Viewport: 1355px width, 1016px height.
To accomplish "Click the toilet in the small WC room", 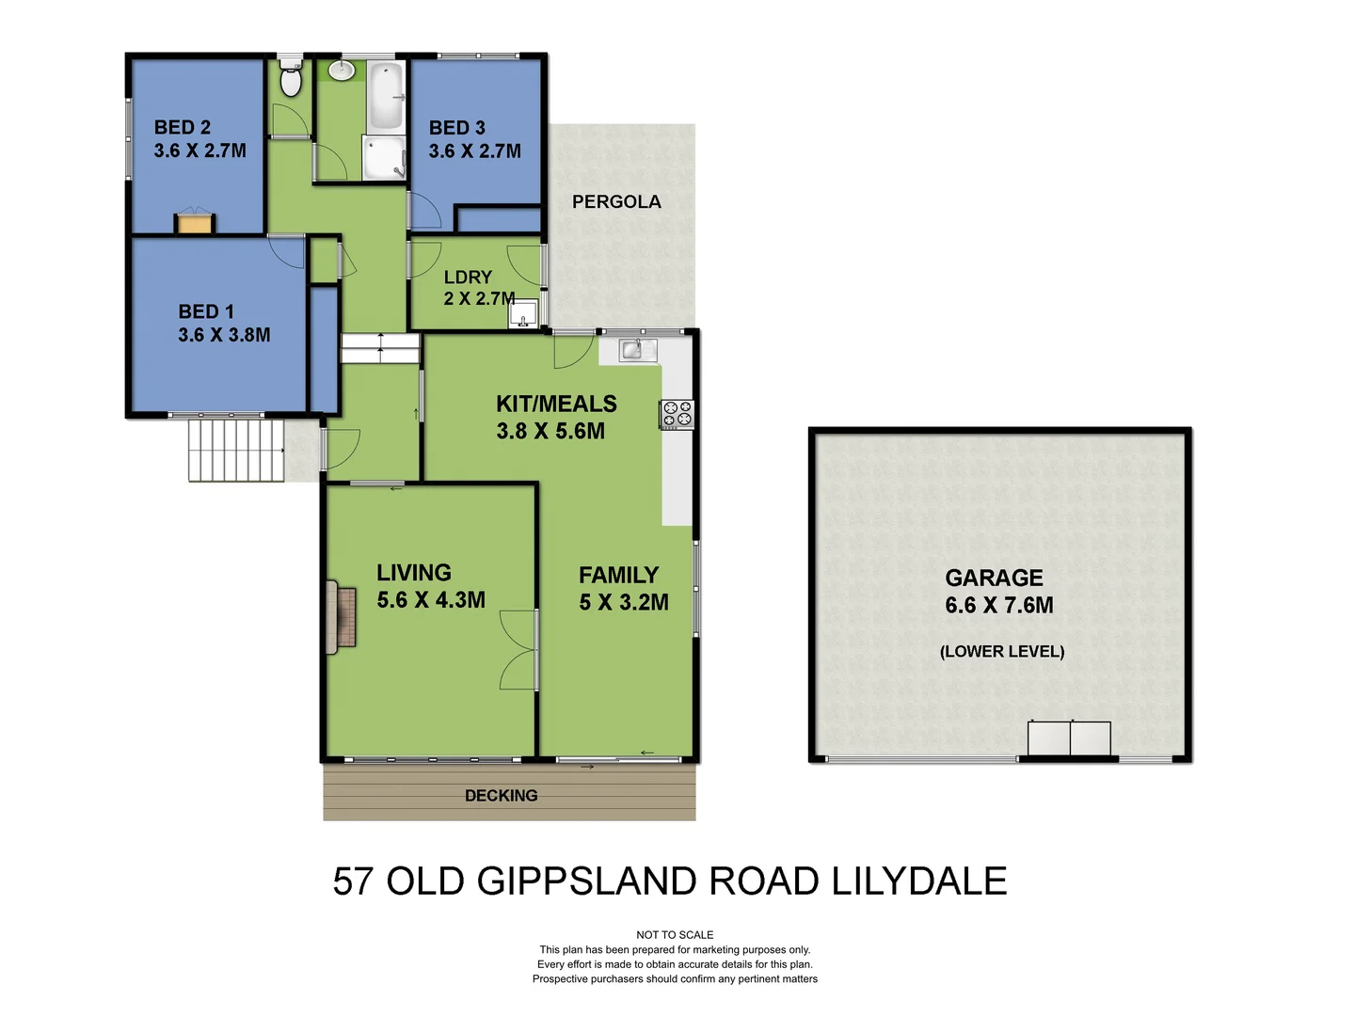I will click(x=291, y=81).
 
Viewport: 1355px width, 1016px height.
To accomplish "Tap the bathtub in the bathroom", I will click(x=385, y=96).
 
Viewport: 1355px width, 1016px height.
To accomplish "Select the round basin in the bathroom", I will click(x=341, y=71).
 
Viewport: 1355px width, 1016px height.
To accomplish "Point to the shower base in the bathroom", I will click(x=383, y=157).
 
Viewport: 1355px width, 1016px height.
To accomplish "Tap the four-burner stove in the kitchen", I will click(x=677, y=413).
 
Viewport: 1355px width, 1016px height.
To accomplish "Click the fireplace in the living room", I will click(x=341, y=617).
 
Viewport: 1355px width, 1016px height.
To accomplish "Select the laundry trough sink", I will click(x=523, y=313).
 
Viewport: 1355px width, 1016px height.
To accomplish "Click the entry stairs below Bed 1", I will click(x=235, y=451).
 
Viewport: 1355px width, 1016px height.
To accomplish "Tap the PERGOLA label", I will click(x=616, y=202).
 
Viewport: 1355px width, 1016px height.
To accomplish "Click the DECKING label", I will click(x=502, y=796).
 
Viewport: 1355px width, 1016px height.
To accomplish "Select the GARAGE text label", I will click(x=994, y=578).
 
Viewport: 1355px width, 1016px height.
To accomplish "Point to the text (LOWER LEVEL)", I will click(x=1002, y=651).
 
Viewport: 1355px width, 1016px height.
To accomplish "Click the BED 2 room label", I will click(x=183, y=127).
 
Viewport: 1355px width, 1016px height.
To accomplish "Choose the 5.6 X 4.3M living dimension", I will click(x=431, y=600).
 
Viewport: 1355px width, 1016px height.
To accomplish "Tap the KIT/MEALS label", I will click(x=556, y=404).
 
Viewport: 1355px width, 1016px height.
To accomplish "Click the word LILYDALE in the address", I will click(x=918, y=881).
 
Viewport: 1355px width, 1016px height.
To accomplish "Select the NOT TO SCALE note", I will click(x=675, y=935).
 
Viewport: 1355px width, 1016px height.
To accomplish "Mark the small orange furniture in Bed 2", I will click(x=195, y=223).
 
